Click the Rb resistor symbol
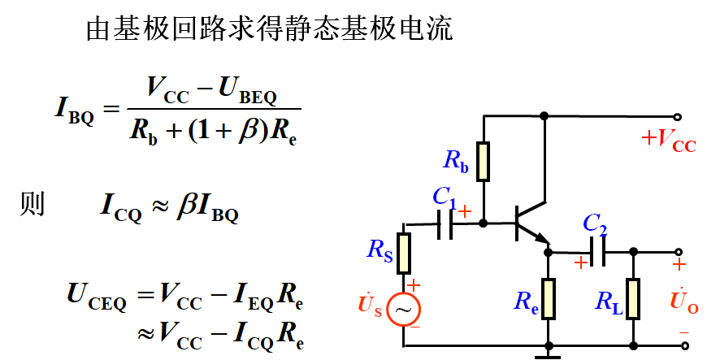coord(484,161)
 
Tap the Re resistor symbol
coord(549,298)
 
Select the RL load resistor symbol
coord(633,298)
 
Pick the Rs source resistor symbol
coord(404,253)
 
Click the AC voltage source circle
coord(403,310)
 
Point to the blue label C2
coord(595,223)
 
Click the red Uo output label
coord(679,300)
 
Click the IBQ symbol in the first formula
coord(74,110)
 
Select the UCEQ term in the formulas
coord(96,297)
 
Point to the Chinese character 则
coord(32,204)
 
